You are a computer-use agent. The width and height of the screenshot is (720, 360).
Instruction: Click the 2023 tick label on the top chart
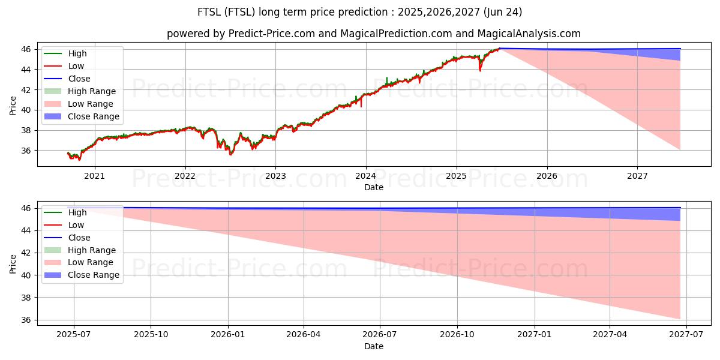pyautogui.click(x=275, y=176)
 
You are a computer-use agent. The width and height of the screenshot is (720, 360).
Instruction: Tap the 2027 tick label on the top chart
pyautogui.click(x=637, y=176)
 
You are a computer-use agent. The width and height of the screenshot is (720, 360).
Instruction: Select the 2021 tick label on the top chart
pyautogui.click(x=94, y=176)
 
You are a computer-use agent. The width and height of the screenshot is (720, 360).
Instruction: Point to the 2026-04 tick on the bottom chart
pyautogui.click(x=304, y=335)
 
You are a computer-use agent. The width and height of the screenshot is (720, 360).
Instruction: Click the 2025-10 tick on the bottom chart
pyautogui.click(x=151, y=335)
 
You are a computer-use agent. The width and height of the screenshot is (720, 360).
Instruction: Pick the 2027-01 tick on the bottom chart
pyautogui.click(x=534, y=335)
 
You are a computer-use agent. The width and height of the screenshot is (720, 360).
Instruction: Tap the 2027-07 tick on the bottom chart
pyautogui.click(x=686, y=335)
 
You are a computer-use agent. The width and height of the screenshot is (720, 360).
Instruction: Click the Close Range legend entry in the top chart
pyautogui.click(x=93, y=116)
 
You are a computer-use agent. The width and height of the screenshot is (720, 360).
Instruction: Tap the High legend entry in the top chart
pyautogui.click(x=77, y=53)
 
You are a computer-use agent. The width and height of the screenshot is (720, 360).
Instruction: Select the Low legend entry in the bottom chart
pyautogui.click(x=76, y=225)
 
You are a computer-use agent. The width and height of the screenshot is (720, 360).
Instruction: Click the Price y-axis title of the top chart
pyautogui.click(x=13, y=105)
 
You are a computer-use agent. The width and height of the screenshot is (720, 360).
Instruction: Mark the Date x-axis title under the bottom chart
pyautogui.click(x=373, y=346)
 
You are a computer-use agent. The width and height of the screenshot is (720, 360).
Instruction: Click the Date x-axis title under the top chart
pyautogui.click(x=373, y=187)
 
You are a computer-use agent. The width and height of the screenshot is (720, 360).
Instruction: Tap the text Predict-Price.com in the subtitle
pyautogui.click(x=272, y=34)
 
